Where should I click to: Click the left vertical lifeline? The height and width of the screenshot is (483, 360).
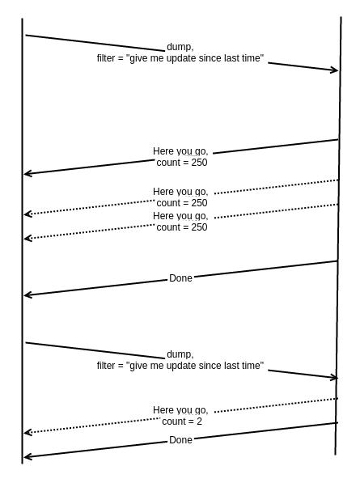(22, 241)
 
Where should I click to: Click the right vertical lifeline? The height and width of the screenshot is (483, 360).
(338, 235)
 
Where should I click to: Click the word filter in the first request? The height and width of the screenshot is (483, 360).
(106, 58)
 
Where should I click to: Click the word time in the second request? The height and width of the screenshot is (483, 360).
(252, 366)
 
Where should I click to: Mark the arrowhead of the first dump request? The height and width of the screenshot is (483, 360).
(335, 70)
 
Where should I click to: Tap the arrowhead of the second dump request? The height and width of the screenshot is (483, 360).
(334, 377)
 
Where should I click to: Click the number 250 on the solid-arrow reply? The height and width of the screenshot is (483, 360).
(199, 163)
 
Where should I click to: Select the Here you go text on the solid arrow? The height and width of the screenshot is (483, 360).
(180, 151)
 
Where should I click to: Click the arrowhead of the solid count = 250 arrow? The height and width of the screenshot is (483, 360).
(28, 174)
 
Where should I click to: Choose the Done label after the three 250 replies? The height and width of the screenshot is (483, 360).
(180, 278)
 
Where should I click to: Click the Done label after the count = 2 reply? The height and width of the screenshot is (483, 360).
(180, 440)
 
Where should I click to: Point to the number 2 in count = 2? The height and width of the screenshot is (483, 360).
(199, 421)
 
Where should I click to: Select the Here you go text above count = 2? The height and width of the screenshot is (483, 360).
(180, 410)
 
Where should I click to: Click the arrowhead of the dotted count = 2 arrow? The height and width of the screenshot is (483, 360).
(28, 433)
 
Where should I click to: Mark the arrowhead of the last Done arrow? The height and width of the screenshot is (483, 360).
(28, 457)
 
